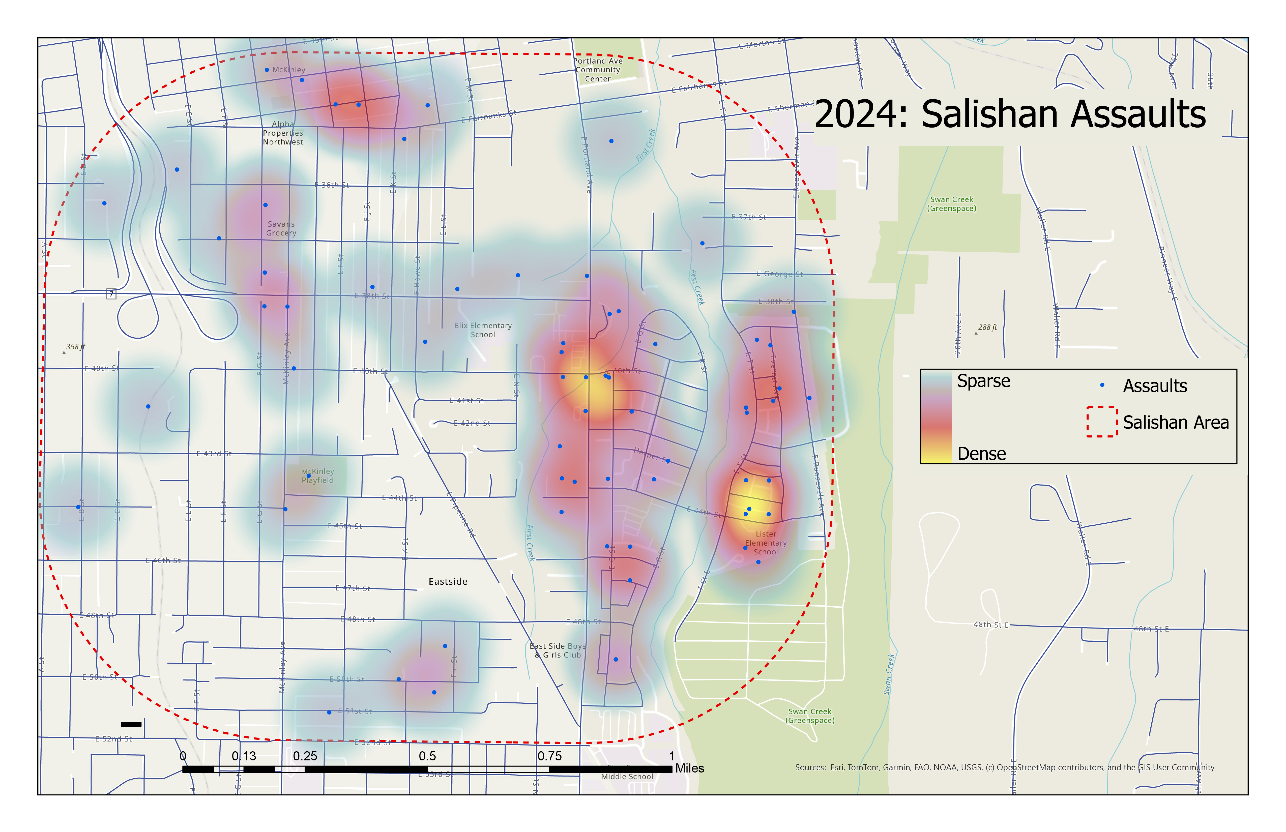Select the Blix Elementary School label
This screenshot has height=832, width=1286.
coord(483,330)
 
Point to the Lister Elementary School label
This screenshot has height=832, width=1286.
coord(766,543)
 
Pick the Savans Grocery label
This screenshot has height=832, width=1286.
coord(281,228)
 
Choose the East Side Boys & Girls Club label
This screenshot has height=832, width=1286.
coord(558,650)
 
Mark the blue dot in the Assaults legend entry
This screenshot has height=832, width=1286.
coord(1102,385)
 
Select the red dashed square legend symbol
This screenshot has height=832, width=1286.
coord(1102,421)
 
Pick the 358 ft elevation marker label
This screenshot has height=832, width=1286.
coord(76,347)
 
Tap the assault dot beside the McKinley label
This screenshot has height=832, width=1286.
coord(267,70)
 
